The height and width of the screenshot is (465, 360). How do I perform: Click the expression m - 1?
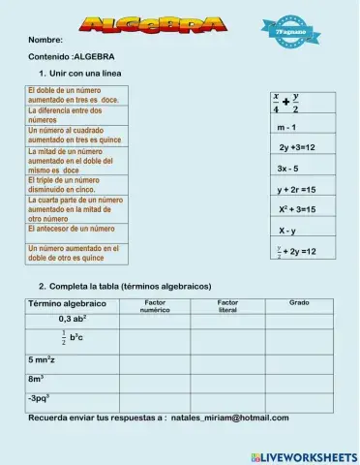(286, 127)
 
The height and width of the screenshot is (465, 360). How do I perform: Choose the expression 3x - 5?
(287, 169)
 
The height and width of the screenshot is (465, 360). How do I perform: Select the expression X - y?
(287, 231)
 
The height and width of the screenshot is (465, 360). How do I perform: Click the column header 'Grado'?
(300, 303)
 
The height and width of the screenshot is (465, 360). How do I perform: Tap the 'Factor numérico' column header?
(154, 306)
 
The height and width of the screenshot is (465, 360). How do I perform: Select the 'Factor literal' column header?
(227, 306)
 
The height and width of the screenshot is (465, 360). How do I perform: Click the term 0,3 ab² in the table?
(73, 319)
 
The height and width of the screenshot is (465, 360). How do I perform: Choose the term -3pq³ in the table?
(39, 397)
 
